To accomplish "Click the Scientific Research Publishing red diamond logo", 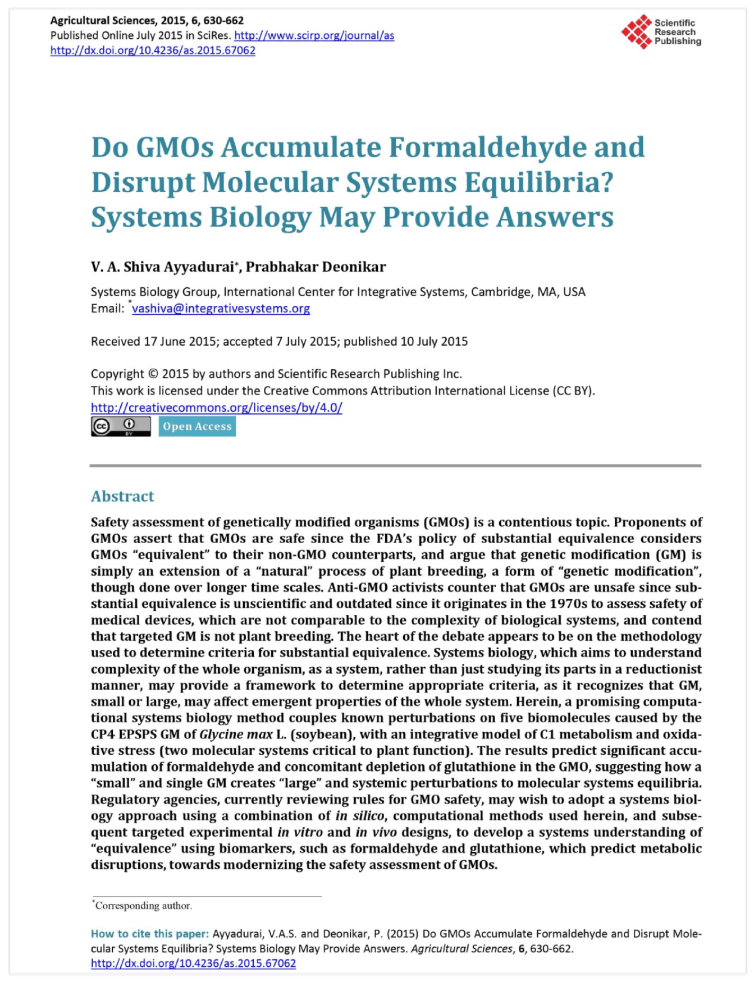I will point(637,31).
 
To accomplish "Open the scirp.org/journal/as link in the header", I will point(314,35).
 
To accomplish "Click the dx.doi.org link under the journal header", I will point(153,51).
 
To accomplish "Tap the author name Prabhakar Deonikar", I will point(316,267).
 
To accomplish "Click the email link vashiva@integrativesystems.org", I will point(221,309).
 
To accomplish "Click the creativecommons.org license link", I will point(216,408).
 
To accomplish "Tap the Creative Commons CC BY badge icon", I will point(121,426).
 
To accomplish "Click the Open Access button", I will point(197,426).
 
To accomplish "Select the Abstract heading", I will point(122,496).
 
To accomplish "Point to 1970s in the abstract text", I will point(570,604).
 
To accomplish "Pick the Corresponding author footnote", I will point(143,906).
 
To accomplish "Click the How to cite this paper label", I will point(149,934).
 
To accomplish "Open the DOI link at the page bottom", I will point(193,963).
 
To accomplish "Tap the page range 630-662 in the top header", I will point(223,21).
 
